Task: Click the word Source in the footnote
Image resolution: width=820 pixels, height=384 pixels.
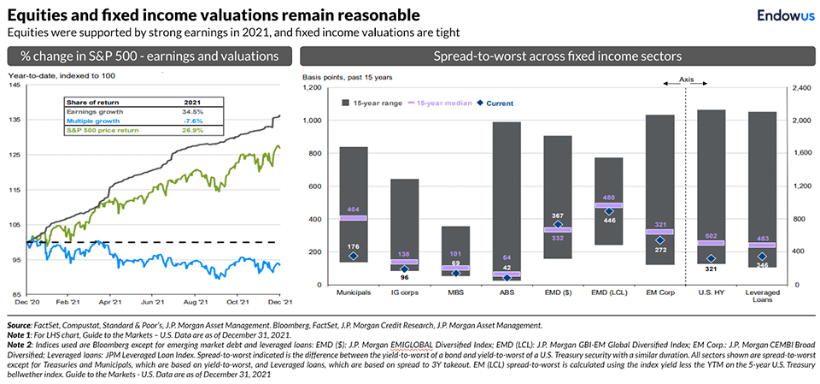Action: click(x=19, y=326)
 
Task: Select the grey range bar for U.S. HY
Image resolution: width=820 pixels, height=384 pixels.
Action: click(x=712, y=171)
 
